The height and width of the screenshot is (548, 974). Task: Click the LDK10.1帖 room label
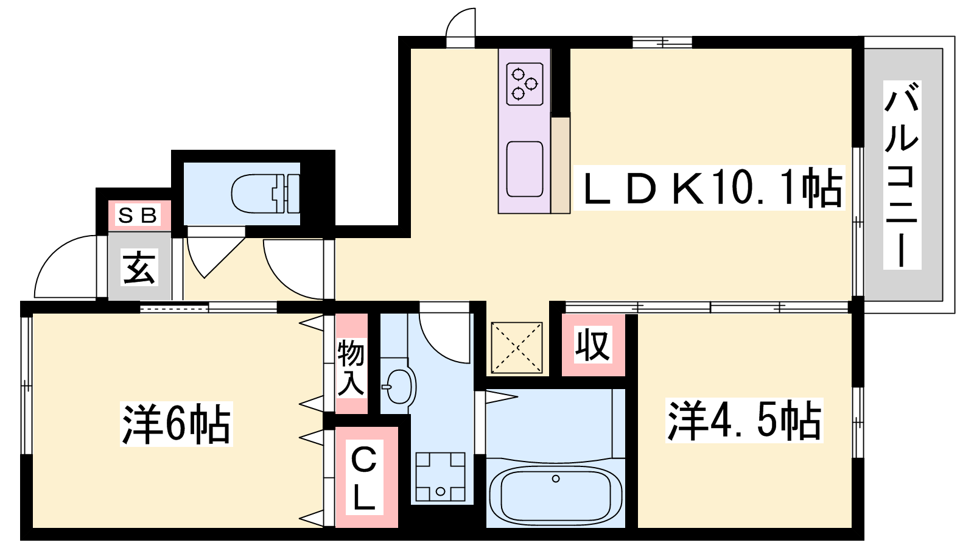coord(709,188)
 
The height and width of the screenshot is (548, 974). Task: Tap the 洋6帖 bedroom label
coord(177,424)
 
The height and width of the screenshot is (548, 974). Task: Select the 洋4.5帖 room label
coord(744,420)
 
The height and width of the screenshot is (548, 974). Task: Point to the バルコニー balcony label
coord(902,174)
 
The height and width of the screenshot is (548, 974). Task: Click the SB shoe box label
coord(138,215)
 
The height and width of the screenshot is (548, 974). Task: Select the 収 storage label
coord(594,345)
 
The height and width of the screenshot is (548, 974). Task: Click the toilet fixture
coord(265,194)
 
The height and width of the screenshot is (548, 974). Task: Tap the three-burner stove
coord(525,83)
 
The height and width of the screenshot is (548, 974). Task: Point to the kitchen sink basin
coord(525,169)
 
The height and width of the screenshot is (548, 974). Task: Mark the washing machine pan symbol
coord(440,477)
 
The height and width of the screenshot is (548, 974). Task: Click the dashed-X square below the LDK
coord(517,348)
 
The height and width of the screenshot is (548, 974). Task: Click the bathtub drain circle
coord(556,479)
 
